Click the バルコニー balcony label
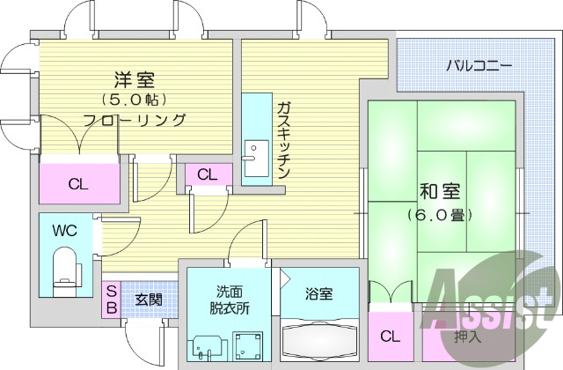point(479,65)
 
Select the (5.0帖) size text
point(135,98)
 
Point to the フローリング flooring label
point(135,120)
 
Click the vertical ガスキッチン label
point(283,140)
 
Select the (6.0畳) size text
point(439,214)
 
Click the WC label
point(64,232)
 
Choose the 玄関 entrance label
point(148,300)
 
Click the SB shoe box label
point(112,300)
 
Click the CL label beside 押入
point(390,336)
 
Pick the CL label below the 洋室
point(78,184)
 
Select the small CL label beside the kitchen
point(207,174)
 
